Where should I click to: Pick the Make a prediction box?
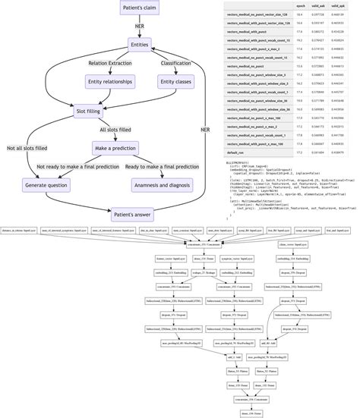pyautogui.click(x=115, y=147)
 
